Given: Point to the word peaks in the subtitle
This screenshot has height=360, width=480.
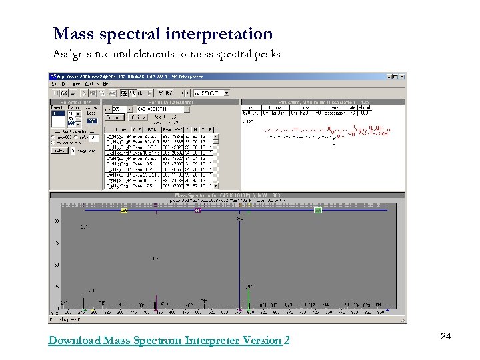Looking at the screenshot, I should pos(265,54).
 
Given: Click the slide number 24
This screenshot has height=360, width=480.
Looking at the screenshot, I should pos(445,337).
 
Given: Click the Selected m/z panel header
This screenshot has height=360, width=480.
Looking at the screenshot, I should pos(75,102).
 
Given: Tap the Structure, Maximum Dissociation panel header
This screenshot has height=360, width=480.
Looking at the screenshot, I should pos(323,102).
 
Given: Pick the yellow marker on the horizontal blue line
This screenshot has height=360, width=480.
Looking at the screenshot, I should pos(124,211).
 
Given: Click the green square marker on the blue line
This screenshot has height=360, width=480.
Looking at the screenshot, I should pos(318,211).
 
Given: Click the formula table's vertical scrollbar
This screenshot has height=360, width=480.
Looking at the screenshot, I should pos(213,160).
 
